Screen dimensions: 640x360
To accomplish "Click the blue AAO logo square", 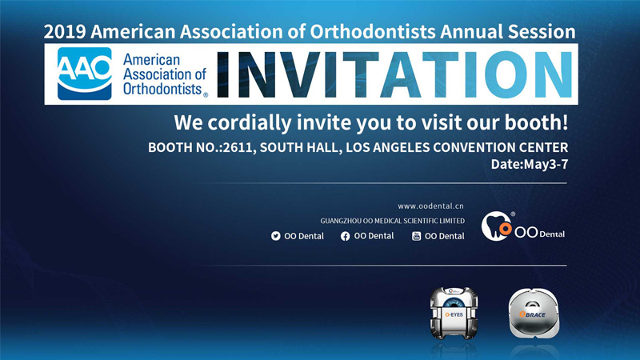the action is pyautogui.click(x=85, y=74).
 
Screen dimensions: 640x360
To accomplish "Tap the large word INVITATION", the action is pyautogui.click(x=394, y=74).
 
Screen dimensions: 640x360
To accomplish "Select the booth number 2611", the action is pyautogui.click(x=238, y=147).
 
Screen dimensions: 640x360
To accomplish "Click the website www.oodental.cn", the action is pyautogui.click(x=430, y=206).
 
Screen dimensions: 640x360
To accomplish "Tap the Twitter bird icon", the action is pyautogui.click(x=276, y=236).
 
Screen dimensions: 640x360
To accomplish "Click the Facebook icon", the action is pyautogui.click(x=346, y=236).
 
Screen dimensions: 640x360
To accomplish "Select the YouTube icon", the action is pyautogui.click(x=416, y=236).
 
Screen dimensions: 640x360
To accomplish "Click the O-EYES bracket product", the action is pyautogui.click(x=454, y=313).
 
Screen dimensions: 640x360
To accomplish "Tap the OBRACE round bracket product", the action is pyautogui.click(x=534, y=313).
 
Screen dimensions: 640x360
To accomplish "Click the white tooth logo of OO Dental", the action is pyautogui.click(x=495, y=226).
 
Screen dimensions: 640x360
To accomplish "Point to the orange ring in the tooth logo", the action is pyautogui.click(x=506, y=229).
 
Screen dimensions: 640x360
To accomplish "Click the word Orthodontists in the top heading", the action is pyautogui.click(x=373, y=32).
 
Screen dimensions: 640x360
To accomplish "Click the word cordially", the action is pyautogui.click(x=250, y=123).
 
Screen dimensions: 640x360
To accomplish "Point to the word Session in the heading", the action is pyautogui.click(x=542, y=32).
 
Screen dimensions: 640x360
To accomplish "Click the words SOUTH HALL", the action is pyautogui.click(x=299, y=147).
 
